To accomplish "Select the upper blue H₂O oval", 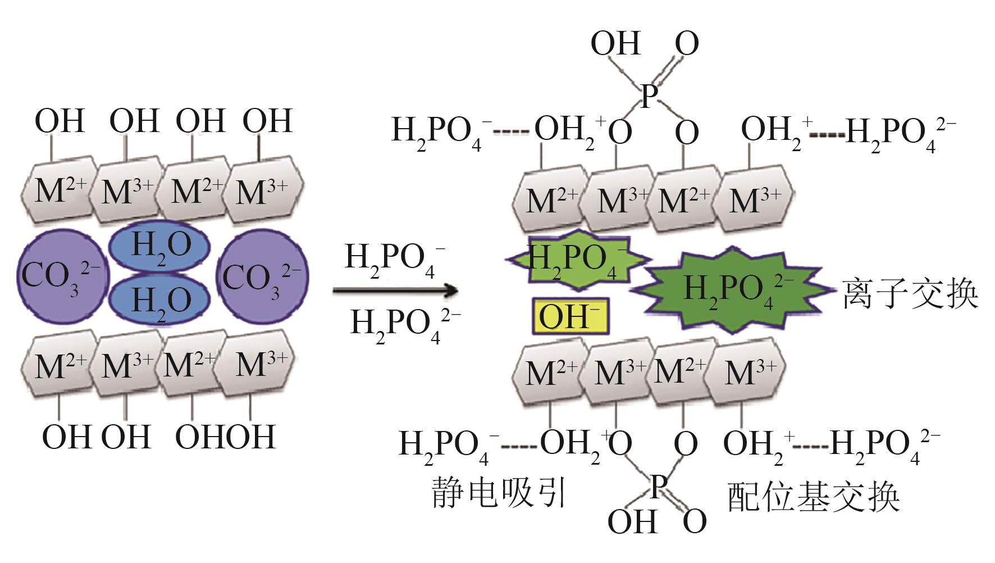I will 160,246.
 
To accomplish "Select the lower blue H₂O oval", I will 160,299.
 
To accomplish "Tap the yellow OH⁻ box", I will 570,316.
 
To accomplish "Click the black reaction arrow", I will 395,290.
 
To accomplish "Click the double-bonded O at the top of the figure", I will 686,43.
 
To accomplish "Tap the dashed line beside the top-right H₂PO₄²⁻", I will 827,135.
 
